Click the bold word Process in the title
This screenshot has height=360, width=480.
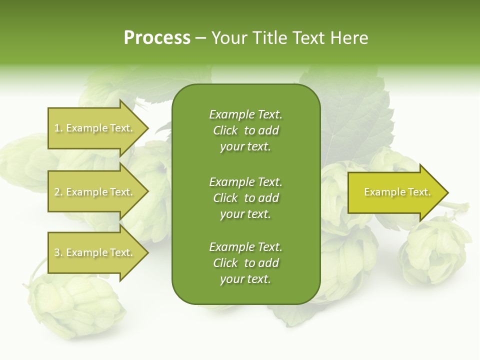[x=157, y=38]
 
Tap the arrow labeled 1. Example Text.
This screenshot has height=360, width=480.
[x=94, y=128]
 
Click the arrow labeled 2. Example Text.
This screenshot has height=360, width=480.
[x=94, y=192]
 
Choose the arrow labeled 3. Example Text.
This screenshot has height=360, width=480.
[x=94, y=252]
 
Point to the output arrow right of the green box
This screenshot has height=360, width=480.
[x=397, y=192]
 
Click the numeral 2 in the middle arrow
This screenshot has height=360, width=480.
[x=57, y=192]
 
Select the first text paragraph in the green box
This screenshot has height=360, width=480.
[x=245, y=130]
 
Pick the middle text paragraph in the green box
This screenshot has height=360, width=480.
[x=245, y=198]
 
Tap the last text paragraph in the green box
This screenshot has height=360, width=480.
[x=245, y=263]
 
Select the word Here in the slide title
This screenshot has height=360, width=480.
[x=350, y=38]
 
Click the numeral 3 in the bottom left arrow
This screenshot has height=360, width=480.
[x=57, y=252]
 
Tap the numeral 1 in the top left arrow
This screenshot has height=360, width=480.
[x=57, y=128]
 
